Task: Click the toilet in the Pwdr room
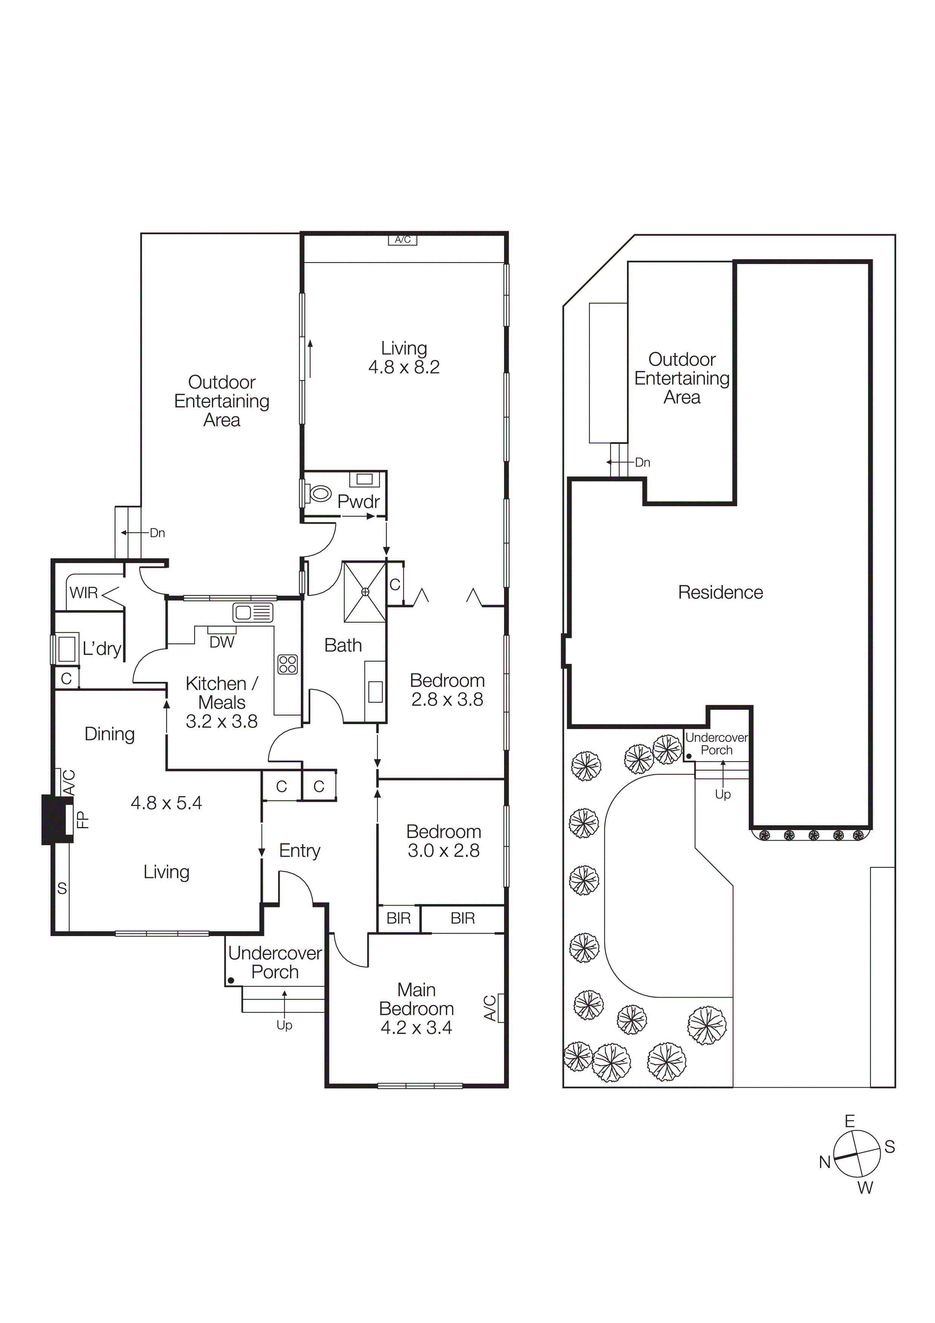point(320,493)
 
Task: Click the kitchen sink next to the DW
point(252,612)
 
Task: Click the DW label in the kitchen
point(222,642)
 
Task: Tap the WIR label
point(84,592)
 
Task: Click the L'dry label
point(101,649)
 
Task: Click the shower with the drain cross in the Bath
point(365,592)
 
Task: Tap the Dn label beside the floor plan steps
point(157,533)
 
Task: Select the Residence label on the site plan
point(720,592)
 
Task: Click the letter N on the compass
point(825,1162)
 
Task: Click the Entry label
point(300,850)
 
